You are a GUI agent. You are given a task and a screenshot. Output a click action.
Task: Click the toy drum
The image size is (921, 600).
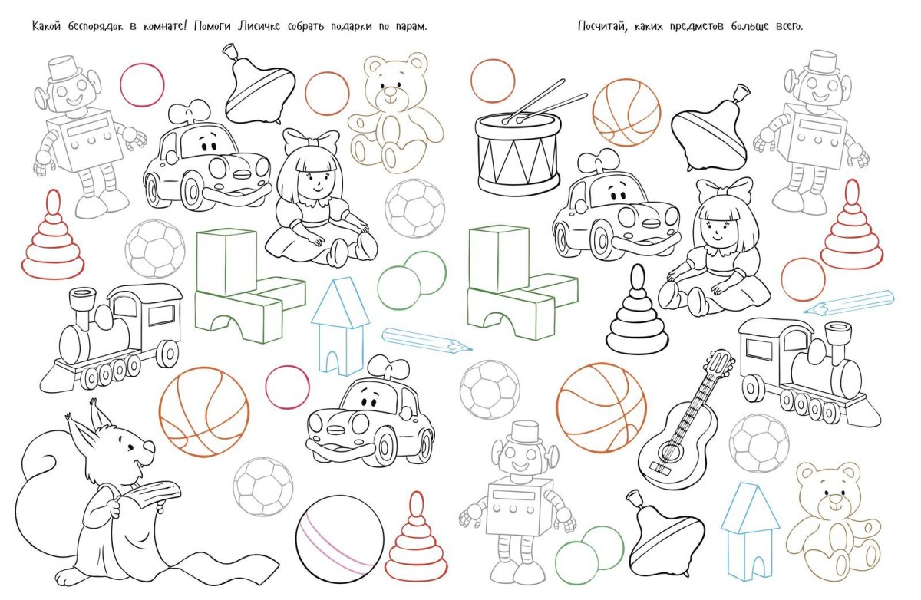click(518, 147)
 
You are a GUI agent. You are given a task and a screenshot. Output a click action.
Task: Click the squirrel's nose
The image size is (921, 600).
click(150, 447)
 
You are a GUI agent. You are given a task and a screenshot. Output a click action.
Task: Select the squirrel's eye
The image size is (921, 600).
click(130, 447)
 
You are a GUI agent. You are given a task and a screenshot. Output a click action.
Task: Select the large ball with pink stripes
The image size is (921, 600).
click(339, 539)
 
